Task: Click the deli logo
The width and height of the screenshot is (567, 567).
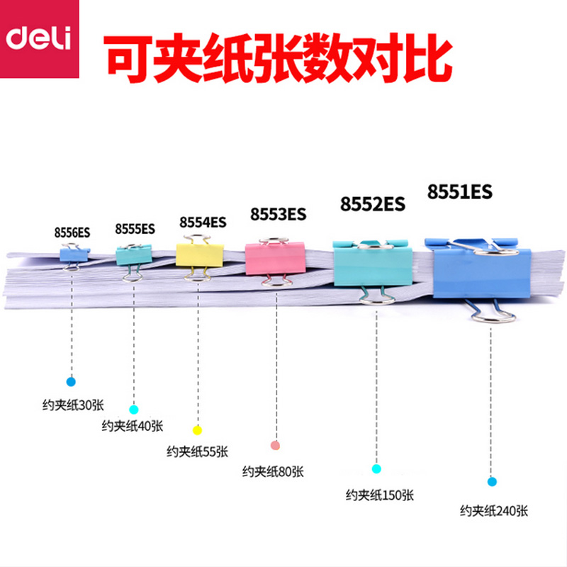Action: coord(40,39)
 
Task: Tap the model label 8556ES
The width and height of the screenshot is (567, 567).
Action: coord(72,232)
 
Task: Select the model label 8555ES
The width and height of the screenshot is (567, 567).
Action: coord(135,229)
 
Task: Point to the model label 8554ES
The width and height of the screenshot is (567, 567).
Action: coord(203,222)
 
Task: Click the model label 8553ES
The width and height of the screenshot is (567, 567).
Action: coord(278,214)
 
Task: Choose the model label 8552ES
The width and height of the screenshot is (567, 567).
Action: coord(373,204)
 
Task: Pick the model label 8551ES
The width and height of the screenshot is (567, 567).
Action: coord(459,191)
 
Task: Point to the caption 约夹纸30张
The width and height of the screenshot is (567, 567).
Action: coord(73,405)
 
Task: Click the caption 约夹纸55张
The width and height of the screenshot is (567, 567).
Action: coord(198,451)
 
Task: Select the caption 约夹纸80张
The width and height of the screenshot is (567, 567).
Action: coord(273,471)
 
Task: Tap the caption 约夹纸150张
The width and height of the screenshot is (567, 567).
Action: coord(380,495)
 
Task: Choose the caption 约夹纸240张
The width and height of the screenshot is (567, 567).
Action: coord(494,511)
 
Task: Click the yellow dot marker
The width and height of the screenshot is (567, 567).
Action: coord(197,430)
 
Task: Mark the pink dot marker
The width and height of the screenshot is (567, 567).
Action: coord(275,445)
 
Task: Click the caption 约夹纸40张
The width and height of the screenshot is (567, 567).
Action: coord(133,426)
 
